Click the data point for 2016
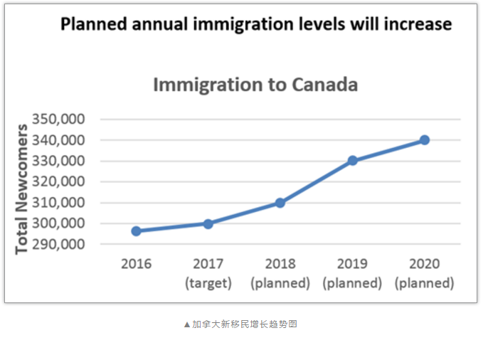136,231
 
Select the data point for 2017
208,223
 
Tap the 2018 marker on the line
280,203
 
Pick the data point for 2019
352,161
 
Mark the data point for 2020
425,140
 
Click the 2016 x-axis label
136,264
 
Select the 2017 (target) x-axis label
208,273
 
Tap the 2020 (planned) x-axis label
425,273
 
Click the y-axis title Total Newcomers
22,189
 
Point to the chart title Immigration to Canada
255,85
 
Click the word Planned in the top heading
90,24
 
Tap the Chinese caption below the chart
240,324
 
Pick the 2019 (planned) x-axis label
352,273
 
